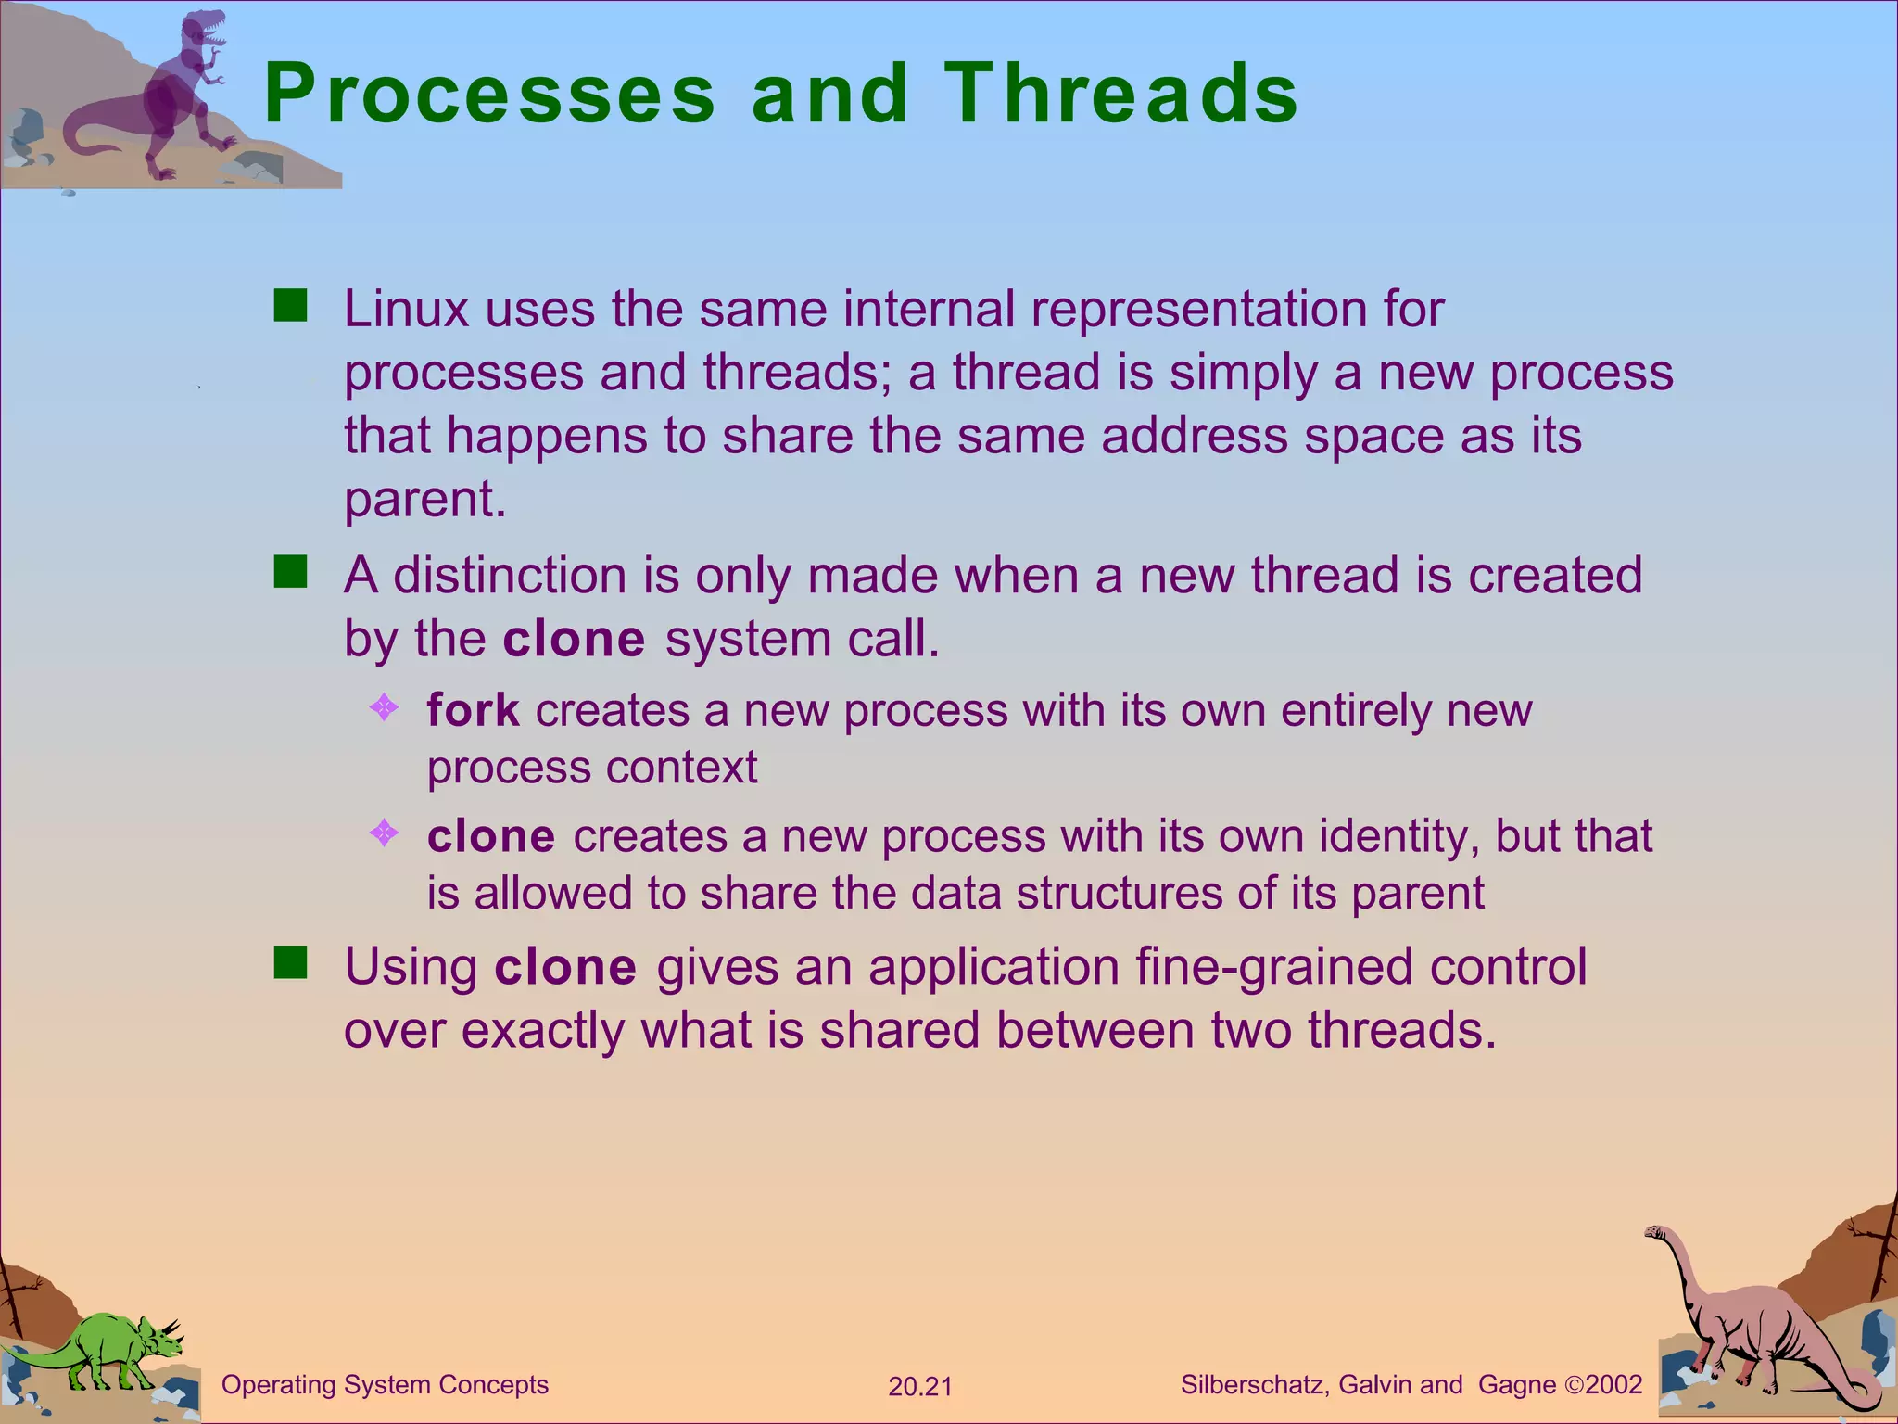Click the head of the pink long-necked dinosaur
(1655, 1233)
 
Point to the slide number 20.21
(919, 1387)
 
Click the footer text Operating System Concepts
(385, 1385)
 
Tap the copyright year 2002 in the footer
(1613, 1385)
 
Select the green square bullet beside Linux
(290, 305)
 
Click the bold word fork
(473, 710)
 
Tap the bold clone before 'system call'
(574, 639)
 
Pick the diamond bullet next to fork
(384, 708)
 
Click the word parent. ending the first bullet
(424, 501)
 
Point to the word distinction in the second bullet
(510, 576)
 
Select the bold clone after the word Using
(565, 967)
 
